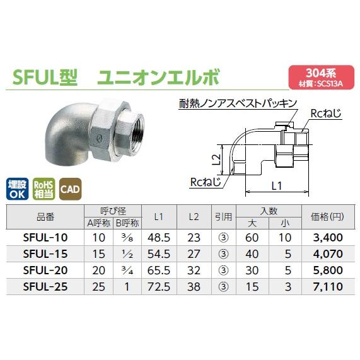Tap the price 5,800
pyautogui.click(x=327, y=270)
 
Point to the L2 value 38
pyautogui.click(x=194, y=286)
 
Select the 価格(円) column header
pyautogui.click(x=327, y=216)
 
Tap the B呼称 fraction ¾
pyautogui.click(x=128, y=270)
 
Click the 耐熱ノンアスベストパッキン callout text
pyautogui.click(x=233, y=102)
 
